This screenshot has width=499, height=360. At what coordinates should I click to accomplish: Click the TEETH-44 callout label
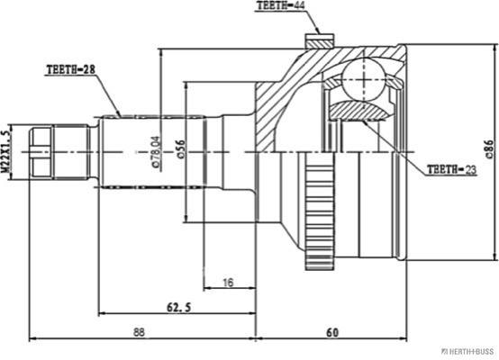pyautogui.click(x=280, y=5)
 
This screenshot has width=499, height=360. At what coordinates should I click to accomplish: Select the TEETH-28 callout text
pyautogui.click(x=71, y=69)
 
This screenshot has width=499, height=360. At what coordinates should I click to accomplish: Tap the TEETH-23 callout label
pyautogui.click(x=451, y=169)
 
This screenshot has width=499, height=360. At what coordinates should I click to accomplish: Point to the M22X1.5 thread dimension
pyautogui.click(x=5, y=151)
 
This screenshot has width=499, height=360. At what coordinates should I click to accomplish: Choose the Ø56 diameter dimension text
pyautogui.click(x=180, y=148)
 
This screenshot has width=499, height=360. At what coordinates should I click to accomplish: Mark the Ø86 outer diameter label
pyautogui.click(x=489, y=149)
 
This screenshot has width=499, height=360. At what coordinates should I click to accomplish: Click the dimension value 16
pyautogui.click(x=228, y=282)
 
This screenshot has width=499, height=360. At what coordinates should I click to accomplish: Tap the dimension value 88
pyautogui.click(x=139, y=332)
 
